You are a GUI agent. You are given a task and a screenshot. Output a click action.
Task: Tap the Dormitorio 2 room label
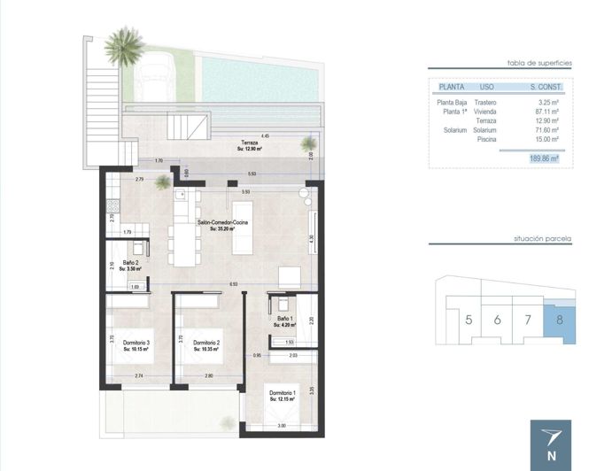pyautogui.click(x=206, y=344)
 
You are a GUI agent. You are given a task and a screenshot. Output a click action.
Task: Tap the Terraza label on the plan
pyautogui.click(x=251, y=144)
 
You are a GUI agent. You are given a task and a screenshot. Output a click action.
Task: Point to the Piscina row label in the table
pyautogui.click(x=486, y=139)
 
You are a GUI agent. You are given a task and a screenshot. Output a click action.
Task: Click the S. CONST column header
pyautogui.click(x=544, y=87)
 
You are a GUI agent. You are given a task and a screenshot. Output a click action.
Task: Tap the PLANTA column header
pyautogui.click(x=453, y=87)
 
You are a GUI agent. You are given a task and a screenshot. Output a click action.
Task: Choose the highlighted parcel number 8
pyautogui.click(x=558, y=320)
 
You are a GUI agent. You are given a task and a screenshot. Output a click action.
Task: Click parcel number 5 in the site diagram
pyautogui.click(x=468, y=320)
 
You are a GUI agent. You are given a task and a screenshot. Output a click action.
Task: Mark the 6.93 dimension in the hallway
pyautogui.click(x=233, y=284)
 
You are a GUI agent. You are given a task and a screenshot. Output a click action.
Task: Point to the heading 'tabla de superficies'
pyautogui.click(x=539, y=63)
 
